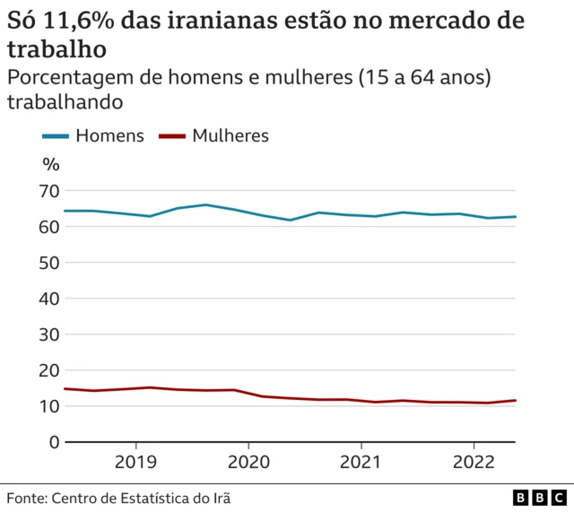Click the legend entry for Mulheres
[x=213, y=135]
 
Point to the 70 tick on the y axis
[x=50, y=191]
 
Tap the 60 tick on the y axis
[x=50, y=227]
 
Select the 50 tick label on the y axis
[x=50, y=263]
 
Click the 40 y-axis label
[x=50, y=299]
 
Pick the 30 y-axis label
[x=50, y=334]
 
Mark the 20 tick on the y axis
[x=50, y=370]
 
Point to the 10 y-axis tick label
[x=50, y=406]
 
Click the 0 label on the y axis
[x=55, y=442]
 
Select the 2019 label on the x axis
[x=135, y=463]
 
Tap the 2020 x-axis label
[x=248, y=463]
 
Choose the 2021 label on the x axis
[x=361, y=463]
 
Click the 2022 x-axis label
[x=473, y=463]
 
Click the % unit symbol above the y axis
[x=51, y=163]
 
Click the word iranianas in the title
[x=226, y=21]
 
